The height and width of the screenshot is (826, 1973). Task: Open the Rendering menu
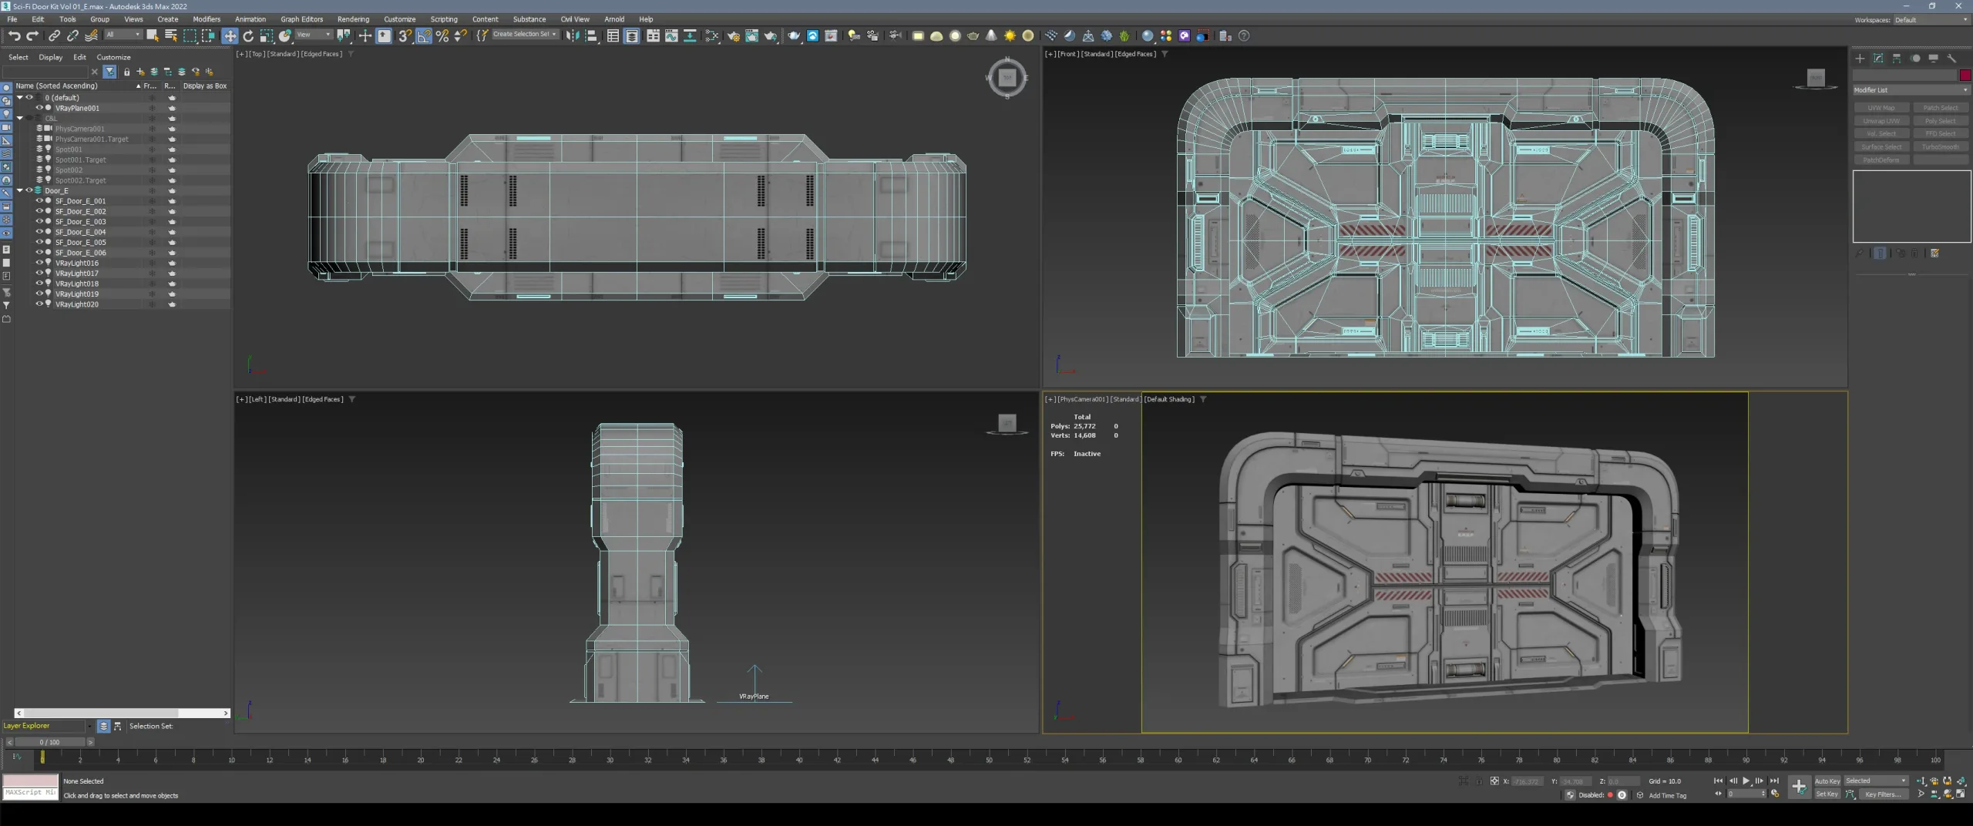(353, 19)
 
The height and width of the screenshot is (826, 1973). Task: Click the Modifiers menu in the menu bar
(206, 19)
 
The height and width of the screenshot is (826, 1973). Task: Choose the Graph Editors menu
(301, 19)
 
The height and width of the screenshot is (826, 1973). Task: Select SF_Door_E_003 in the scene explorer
(80, 222)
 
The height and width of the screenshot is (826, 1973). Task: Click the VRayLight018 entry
(77, 284)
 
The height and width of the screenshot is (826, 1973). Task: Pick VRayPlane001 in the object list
(77, 109)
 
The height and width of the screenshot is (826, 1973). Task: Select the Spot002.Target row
(80, 180)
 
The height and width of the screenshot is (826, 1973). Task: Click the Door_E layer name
(56, 190)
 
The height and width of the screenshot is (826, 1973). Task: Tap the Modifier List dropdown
(1910, 90)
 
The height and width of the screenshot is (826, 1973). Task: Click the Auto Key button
(1827, 781)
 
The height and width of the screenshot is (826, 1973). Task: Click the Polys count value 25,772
(1084, 426)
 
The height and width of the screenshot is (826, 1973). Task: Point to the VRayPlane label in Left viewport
(754, 697)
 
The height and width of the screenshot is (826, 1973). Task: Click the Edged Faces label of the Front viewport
(1134, 54)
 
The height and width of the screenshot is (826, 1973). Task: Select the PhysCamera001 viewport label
(1084, 399)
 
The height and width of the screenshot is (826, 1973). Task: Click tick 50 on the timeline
(989, 759)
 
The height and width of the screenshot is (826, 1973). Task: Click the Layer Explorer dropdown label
(27, 726)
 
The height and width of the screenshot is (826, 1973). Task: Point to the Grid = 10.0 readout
(1665, 781)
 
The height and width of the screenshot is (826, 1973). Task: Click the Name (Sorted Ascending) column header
(56, 86)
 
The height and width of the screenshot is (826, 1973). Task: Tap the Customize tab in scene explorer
(113, 57)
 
